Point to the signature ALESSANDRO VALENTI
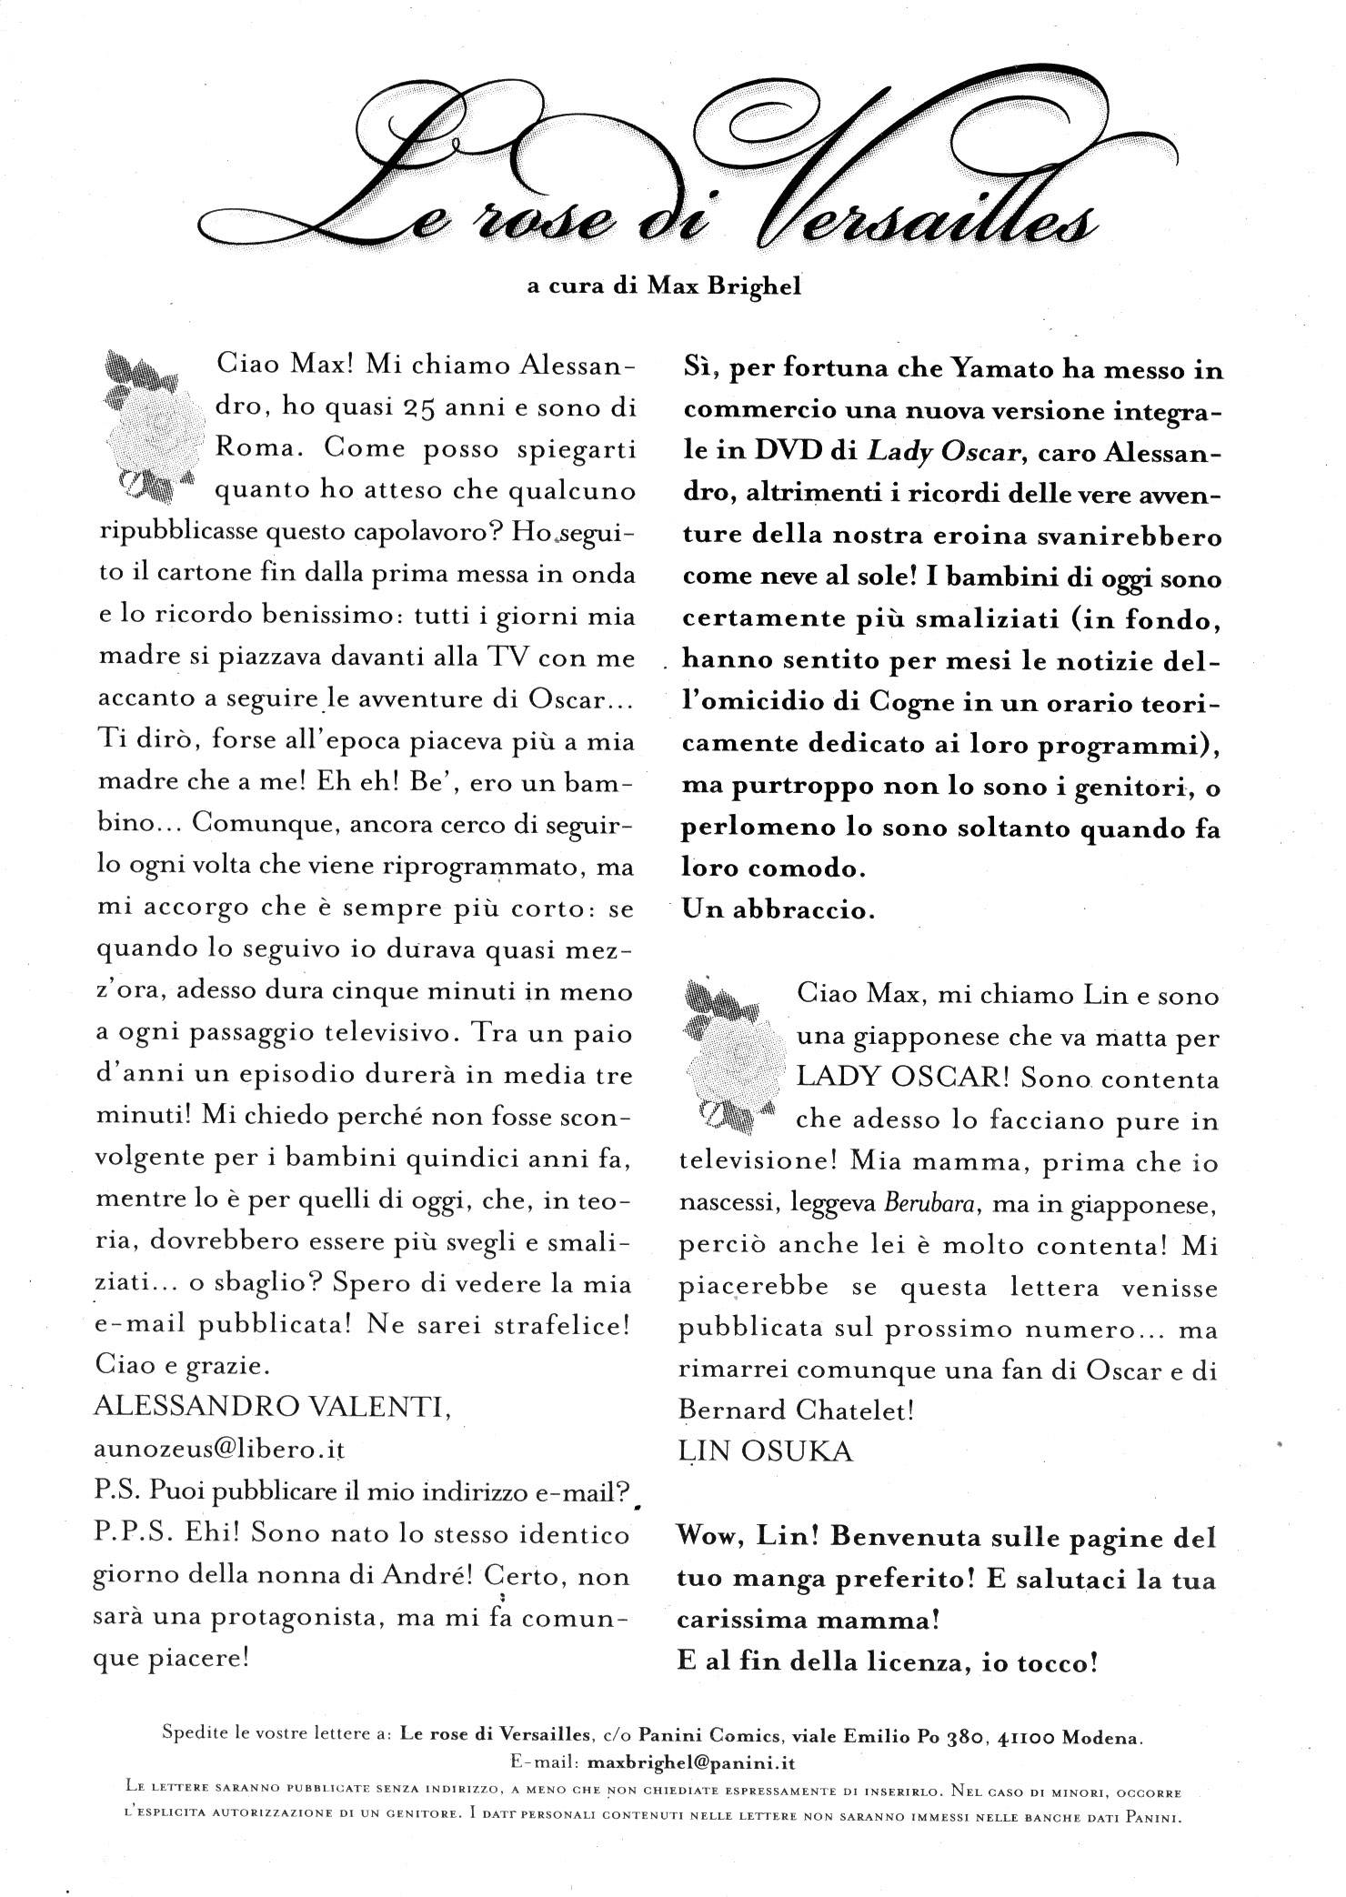272,1408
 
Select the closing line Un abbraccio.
778,910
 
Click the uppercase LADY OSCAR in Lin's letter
900,1079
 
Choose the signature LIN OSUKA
766,1451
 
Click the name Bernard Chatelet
797,1410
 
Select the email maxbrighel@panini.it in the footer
693,1763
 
